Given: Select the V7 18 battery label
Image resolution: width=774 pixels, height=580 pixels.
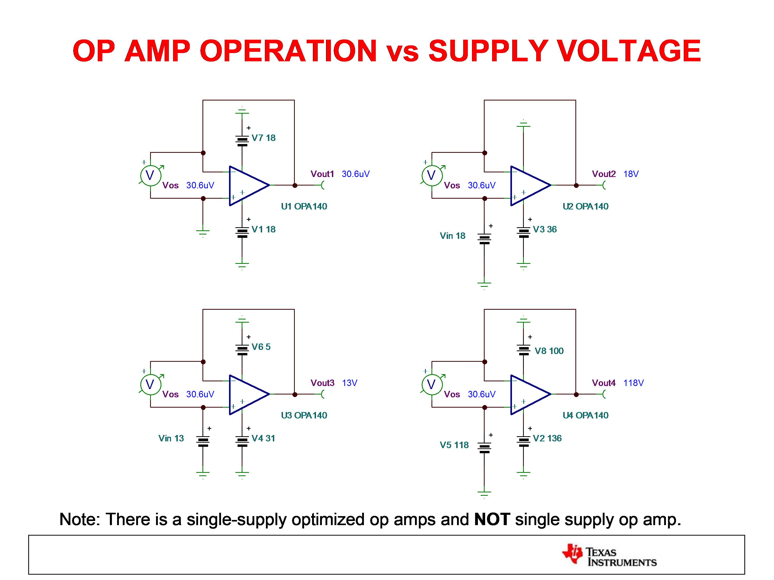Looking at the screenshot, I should click(264, 138).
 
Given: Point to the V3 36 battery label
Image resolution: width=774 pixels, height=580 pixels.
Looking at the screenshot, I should click(544, 229).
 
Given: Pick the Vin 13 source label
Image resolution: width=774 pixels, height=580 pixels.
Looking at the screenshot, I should click(171, 438).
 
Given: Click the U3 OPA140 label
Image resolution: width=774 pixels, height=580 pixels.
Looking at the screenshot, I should click(304, 415).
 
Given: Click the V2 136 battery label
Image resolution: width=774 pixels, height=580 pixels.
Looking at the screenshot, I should click(547, 438).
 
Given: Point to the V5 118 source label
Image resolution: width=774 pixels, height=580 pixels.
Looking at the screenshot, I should click(454, 445).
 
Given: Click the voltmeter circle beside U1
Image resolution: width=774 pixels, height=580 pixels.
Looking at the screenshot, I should click(150, 175).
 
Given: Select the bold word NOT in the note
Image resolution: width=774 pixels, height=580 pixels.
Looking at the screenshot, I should click(492, 519).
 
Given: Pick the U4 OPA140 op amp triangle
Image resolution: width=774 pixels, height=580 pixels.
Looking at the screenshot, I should click(529, 395).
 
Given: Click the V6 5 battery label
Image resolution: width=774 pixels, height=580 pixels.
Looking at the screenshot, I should click(261, 347).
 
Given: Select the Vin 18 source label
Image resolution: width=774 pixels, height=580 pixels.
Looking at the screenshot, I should click(452, 236).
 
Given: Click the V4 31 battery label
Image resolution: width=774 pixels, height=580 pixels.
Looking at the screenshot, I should click(263, 438).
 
